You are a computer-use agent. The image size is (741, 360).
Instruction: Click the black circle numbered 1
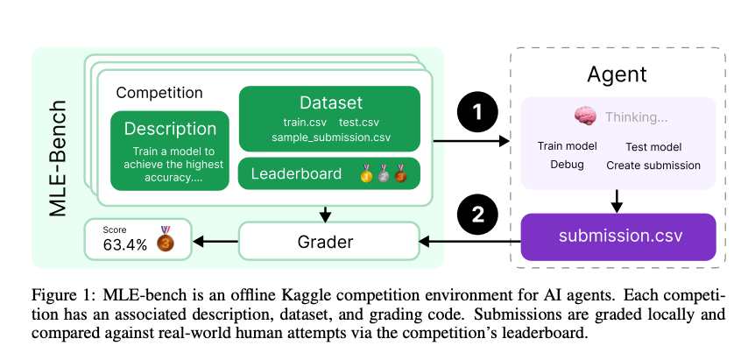pyautogui.click(x=477, y=112)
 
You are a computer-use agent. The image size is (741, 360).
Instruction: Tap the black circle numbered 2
pyautogui.click(x=477, y=215)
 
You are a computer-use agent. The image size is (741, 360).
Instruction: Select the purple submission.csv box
pyautogui.click(x=618, y=236)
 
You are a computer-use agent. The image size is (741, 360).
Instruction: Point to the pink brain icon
pyautogui.click(x=585, y=116)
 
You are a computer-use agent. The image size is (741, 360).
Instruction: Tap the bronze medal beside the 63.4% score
pyautogui.click(x=166, y=239)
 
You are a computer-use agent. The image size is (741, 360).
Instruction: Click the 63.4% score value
pyautogui.click(x=124, y=244)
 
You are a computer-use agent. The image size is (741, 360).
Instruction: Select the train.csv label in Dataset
pyautogui.click(x=305, y=123)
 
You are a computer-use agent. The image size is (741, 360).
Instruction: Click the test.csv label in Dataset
pyautogui.click(x=359, y=123)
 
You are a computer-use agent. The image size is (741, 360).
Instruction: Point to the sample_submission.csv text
pyautogui.click(x=331, y=138)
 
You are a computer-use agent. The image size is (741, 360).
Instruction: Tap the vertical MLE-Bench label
pyautogui.click(x=59, y=159)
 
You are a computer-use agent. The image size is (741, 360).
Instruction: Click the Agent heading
pyautogui.click(x=617, y=74)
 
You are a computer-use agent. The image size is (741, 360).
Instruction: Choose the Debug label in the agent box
pyautogui.click(x=567, y=165)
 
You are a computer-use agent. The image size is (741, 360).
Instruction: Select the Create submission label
pyautogui.click(x=653, y=166)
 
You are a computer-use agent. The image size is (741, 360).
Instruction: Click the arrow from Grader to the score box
pyautogui.click(x=215, y=242)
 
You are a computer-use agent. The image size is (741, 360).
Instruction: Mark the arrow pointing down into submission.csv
pyautogui.click(x=617, y=201)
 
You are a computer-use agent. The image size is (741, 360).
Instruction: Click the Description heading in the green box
pyautogui.click(x=170, y=129)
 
